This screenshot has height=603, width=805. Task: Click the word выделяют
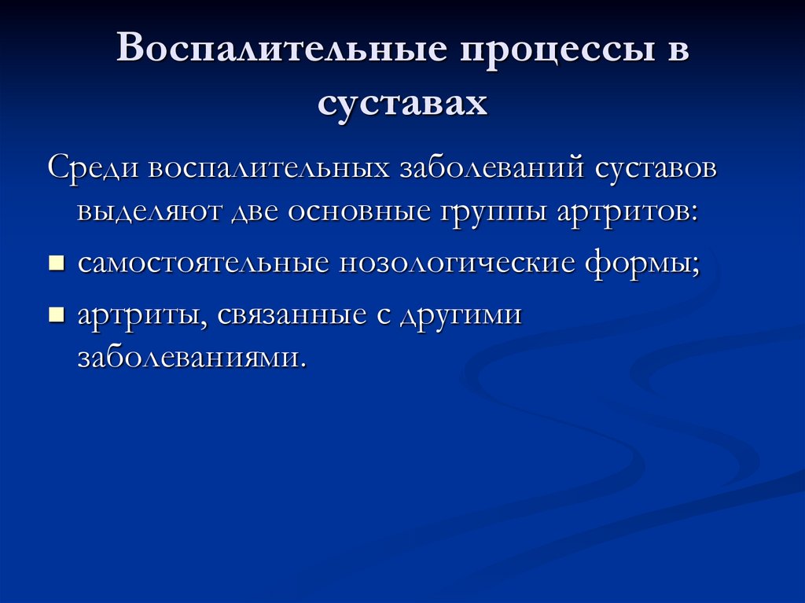point(150,214)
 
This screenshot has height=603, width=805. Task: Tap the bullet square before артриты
point(56,315)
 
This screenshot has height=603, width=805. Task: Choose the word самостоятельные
point(203,263)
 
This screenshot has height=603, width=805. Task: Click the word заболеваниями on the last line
point(189,358)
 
